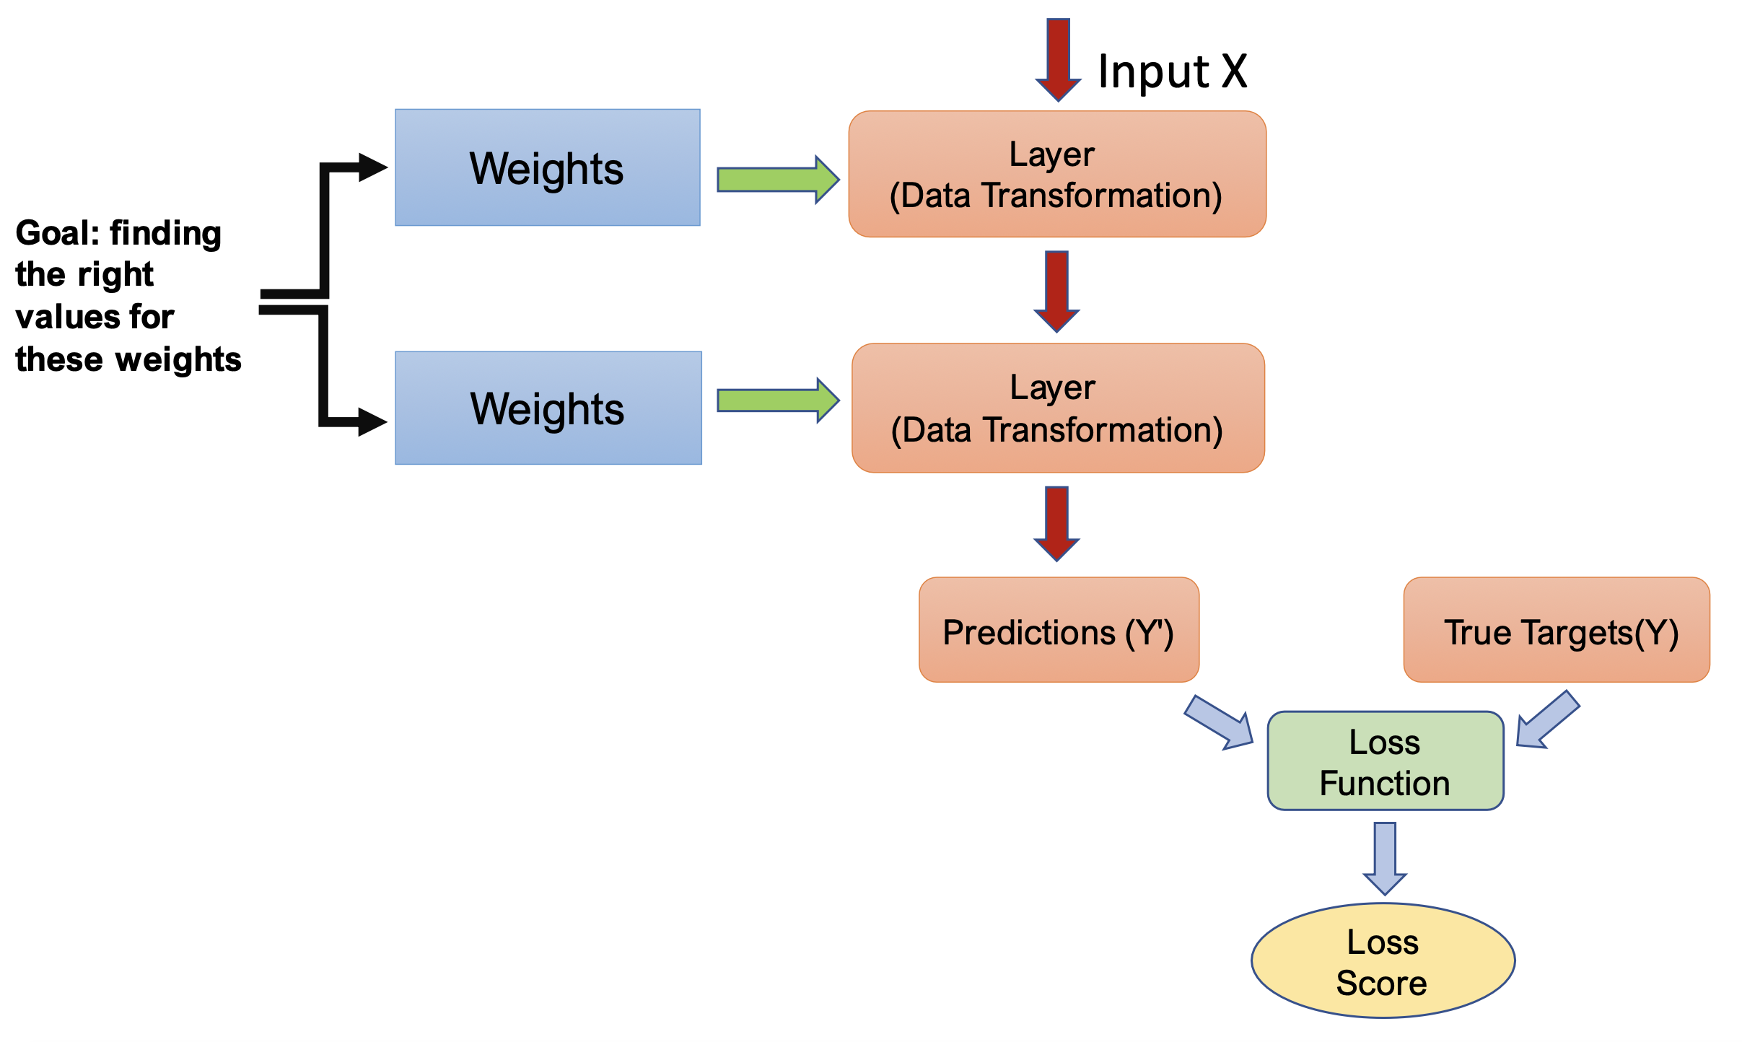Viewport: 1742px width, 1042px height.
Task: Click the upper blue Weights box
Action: coord(547,167)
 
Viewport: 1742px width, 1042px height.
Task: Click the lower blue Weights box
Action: coord(548,408)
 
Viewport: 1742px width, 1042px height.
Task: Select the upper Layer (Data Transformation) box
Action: coord(1057,174)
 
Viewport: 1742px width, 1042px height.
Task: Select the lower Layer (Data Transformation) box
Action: coord(1058,408)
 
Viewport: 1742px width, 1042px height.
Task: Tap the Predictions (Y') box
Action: coord(1059,630)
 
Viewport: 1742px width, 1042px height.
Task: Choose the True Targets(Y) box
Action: coord(1557,630)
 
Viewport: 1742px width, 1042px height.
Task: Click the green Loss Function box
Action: coord(1385,761)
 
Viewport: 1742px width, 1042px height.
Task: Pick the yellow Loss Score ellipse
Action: coord(1383,960)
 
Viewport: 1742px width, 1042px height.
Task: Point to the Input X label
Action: coord(1173,71)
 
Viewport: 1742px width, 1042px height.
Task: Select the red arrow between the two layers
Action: coord(1056,290)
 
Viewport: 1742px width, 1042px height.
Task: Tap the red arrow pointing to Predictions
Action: coord(1056,522)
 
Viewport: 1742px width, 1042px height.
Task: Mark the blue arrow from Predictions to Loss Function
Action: coord(1220,723)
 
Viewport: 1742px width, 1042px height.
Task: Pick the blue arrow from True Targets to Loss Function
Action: coord(1547,720)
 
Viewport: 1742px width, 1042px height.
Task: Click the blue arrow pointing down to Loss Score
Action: coord(1385,857)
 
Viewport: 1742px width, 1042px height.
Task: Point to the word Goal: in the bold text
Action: coord(58,233)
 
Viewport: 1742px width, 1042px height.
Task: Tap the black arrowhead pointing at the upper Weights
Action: coord(372,167)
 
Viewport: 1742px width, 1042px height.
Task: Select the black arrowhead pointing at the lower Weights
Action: coord(372,422)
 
